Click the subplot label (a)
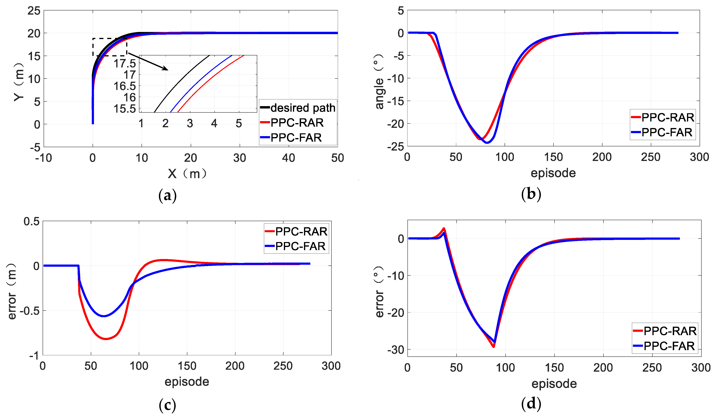tap(168, 196)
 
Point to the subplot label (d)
tap(531, 404)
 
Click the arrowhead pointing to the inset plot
tap(166, 68)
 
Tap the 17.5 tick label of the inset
tap(125, 63)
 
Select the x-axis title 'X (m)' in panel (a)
tap(187, 174)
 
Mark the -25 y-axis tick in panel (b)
tap(396, 147)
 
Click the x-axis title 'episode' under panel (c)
tap(187, 382)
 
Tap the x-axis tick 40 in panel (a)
tap(288, 158)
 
